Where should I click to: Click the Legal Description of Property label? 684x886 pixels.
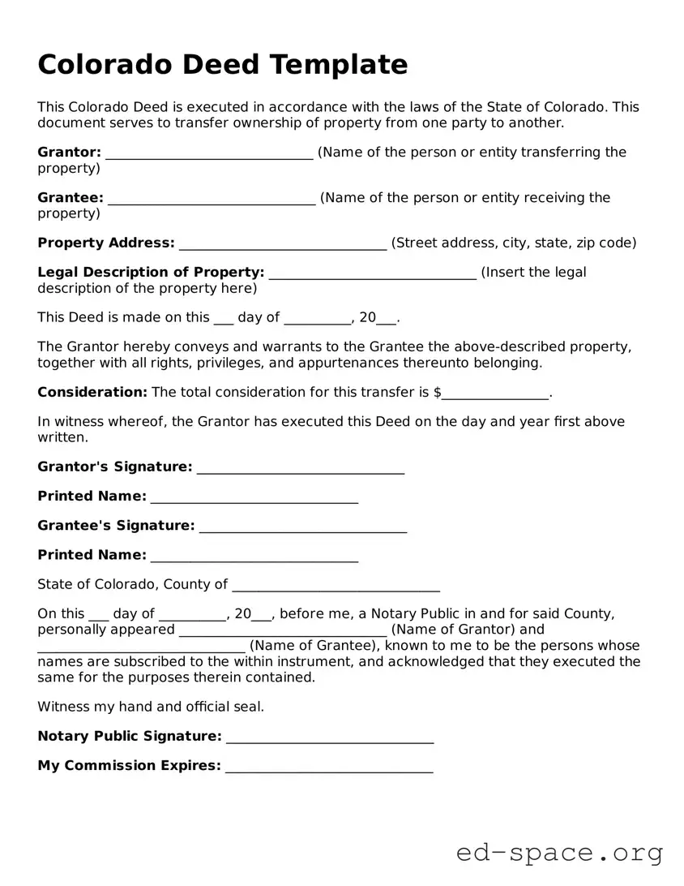(151, 272)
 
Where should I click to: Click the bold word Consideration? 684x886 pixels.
(92, 392)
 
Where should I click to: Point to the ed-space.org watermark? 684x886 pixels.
(559, 854)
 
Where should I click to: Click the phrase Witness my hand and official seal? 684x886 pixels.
(151, 707)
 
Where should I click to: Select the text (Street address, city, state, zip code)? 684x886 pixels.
(514, 243)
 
